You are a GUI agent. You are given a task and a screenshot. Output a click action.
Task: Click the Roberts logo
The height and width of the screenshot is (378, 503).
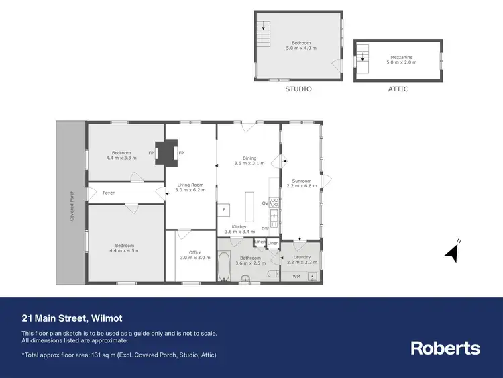[445, 348]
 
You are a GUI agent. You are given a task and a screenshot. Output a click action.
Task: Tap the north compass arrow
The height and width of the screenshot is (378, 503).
[453, 252]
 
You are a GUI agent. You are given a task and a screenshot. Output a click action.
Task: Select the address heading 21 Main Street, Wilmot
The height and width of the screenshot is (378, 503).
[72, 318]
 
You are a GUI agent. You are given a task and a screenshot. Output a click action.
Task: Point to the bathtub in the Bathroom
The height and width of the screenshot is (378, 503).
[224, 267]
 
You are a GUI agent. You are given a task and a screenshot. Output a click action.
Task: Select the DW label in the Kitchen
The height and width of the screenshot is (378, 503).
[265, 228]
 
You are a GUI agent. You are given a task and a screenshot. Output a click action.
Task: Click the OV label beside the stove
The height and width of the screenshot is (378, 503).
[265, 203]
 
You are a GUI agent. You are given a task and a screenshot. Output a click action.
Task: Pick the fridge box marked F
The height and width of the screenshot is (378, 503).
[223, 210]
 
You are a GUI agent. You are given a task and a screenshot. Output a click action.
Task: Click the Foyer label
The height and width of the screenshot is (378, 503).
[108, 193]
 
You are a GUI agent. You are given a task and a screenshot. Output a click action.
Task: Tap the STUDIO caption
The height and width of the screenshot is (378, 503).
[298, 89]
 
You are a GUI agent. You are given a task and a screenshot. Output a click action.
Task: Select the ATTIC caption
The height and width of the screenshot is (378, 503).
[398, 89]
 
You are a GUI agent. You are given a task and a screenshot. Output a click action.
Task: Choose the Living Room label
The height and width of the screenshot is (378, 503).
[190, 187]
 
